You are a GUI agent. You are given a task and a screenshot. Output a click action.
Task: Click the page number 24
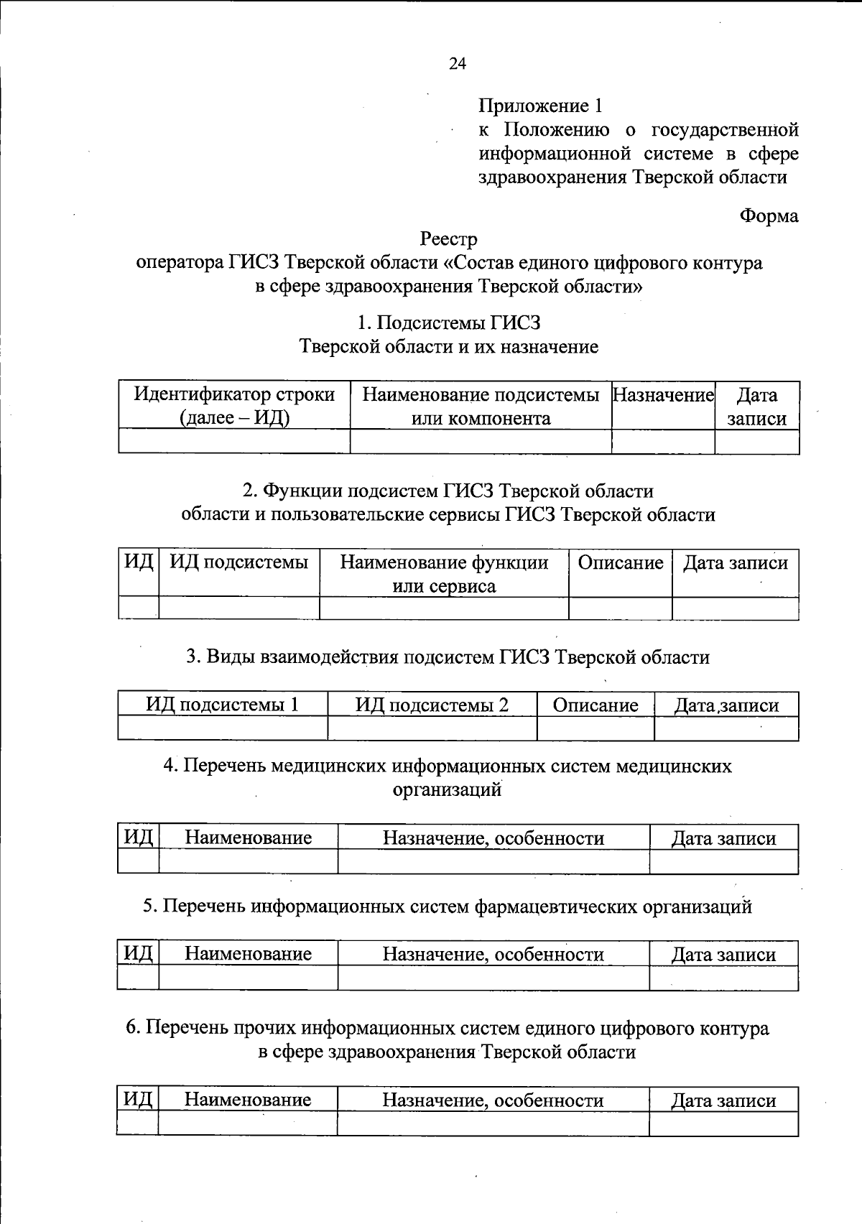point(458,64)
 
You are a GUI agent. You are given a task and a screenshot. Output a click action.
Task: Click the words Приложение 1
point(540,106)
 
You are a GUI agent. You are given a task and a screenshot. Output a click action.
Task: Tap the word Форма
point(769,215)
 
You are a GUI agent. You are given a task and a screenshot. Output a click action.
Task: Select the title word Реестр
point(449,238)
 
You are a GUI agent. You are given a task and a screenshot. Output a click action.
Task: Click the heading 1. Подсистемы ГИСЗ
point(449,323)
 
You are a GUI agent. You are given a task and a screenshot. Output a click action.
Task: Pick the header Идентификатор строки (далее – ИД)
point(234,406)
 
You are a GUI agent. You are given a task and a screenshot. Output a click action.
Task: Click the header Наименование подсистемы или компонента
point(481,406)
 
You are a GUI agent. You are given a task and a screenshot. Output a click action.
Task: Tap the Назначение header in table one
point(662,395)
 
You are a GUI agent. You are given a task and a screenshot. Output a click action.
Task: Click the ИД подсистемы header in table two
point(238,562)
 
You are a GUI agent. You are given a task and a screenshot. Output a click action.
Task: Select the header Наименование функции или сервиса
point(444,573)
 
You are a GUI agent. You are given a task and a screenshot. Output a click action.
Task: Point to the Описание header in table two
point(621,562)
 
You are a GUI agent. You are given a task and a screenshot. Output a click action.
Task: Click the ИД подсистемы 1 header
point(222,705)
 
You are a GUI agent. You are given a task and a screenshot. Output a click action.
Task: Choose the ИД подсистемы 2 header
point(432,705)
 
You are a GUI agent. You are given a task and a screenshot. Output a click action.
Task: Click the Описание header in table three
point(595,705)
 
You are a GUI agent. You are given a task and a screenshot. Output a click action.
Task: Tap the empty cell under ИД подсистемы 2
point(432,728)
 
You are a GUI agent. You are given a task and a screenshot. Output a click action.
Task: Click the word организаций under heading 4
point(447,789)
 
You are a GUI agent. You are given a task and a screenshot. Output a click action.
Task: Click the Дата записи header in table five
point(723,954)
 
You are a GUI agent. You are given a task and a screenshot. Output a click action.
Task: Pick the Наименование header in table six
point(248,1100)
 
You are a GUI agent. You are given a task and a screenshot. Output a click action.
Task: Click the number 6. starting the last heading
point(133,1029)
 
